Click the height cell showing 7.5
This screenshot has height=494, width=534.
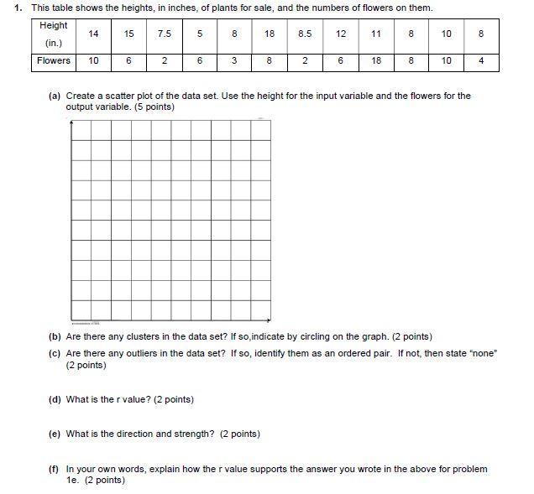165,34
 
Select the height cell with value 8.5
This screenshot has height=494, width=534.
305,34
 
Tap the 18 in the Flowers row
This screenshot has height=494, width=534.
376,61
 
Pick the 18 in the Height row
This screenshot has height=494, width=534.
270,34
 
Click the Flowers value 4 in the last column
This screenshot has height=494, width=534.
481,61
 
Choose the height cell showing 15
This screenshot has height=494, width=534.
128,34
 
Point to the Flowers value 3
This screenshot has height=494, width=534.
234,61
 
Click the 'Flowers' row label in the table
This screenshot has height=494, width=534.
54,61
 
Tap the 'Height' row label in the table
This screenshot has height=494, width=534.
54,26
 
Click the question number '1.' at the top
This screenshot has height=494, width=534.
18,8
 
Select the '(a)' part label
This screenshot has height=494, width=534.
55,96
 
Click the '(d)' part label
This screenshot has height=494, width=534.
55,399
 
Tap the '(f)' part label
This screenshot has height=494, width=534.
55,469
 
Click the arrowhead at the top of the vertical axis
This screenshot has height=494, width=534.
71,122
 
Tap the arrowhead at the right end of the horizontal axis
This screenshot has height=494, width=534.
269,320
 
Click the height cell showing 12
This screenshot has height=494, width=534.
341,34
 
